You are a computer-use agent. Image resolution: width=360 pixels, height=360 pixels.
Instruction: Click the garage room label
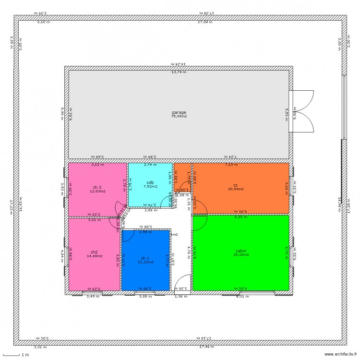tap(179, 112)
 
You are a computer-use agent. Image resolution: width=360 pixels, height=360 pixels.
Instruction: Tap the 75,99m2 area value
tap(179, 116)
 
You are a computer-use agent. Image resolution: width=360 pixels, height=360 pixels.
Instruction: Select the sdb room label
tap(150, 183)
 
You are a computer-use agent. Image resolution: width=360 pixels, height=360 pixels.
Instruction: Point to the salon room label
tap(241, 251)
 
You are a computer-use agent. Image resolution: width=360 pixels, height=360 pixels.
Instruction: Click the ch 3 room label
tap(97, 187)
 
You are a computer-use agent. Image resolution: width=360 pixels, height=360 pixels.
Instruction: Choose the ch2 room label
tap(94, 252)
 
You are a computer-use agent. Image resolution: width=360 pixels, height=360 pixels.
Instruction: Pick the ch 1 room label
tap(145, 258)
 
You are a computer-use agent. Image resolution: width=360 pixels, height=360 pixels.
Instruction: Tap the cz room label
tap(236, 185)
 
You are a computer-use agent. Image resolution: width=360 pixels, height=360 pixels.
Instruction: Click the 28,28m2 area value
tap(241, 255)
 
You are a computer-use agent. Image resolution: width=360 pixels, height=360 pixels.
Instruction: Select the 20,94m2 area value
tap(236, 189)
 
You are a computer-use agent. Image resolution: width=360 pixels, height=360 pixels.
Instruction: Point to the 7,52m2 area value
tap(150, 187)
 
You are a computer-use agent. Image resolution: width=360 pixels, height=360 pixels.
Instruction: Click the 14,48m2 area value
tap(94, 256)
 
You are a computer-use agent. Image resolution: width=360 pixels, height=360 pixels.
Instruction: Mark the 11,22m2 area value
tap(145, 262)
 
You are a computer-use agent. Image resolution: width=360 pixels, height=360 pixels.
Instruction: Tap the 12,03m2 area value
tap(97, 191)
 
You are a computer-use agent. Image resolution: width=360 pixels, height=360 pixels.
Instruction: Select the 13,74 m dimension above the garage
tap(179, 72)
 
